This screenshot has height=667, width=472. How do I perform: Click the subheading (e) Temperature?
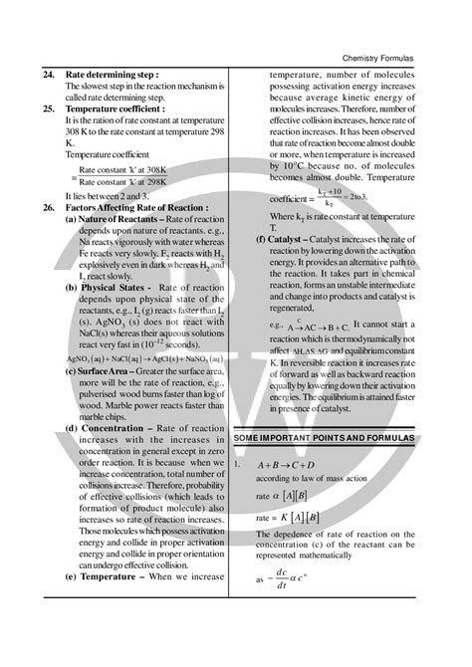tap(110, 575)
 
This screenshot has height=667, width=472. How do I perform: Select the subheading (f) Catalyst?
tap(289, 240)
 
